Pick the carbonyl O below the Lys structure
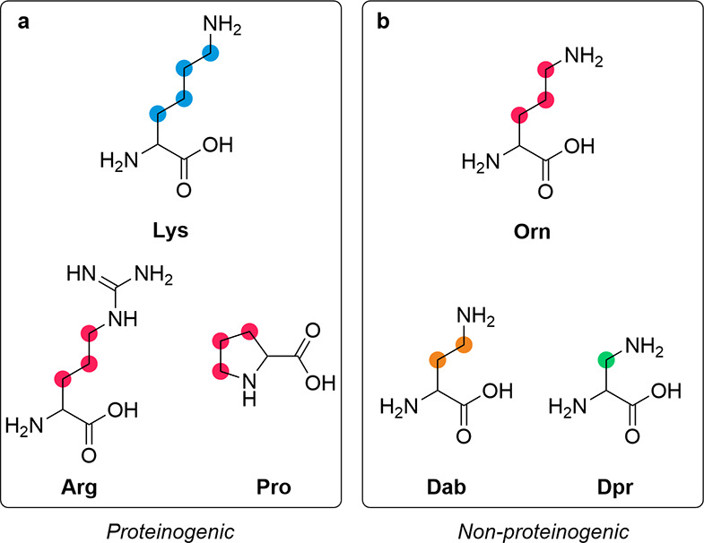(184, 190)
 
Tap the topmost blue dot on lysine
(213, 52)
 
